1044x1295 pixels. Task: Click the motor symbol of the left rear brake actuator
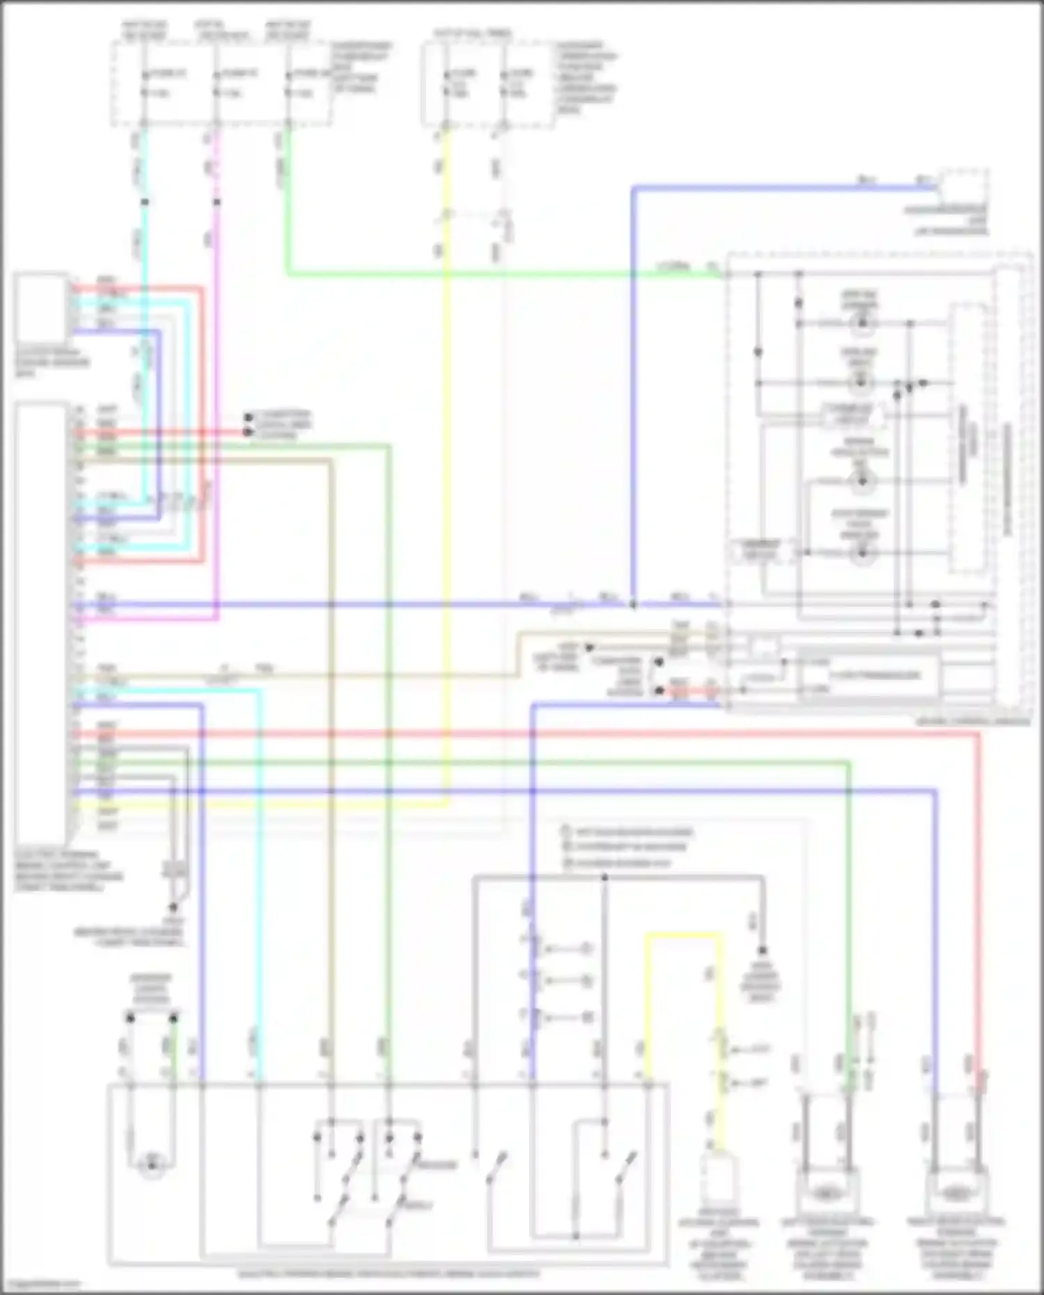coord(825,1193)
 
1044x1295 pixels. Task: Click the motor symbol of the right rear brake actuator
coord(956,1193)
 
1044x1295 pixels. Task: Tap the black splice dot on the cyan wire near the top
coord(145,202)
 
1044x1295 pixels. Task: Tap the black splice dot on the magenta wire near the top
coord(217,202)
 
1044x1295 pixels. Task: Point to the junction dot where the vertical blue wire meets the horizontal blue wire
coord(633,605)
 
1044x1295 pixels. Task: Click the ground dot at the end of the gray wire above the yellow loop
coord(762,950)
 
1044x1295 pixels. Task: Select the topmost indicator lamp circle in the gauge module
coord(862,323)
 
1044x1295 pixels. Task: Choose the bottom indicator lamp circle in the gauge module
coord(862,554)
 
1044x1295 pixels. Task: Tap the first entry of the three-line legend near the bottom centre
coord(626,832)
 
